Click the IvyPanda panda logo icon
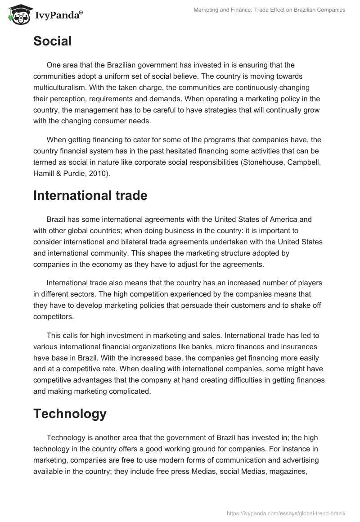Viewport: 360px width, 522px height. point(18,14)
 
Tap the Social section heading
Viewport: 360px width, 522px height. point(52,41)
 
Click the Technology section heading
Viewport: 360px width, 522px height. point(70,414)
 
